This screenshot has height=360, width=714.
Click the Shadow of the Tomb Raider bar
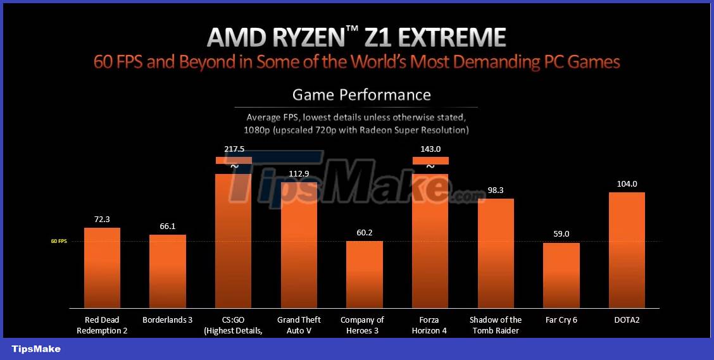[x=496, y=253]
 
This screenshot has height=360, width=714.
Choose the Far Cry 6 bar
[x=561, y=275]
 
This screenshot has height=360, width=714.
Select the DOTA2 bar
[x=627, y=249]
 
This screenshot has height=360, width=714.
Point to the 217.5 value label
[x=234, y=149]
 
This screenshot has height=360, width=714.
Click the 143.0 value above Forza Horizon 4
[x=430, y=149]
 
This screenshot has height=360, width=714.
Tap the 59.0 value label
[x=561, y=234]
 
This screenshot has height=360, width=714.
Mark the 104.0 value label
[x=627, y=183]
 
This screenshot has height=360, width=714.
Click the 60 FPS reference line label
[x=59, y=241]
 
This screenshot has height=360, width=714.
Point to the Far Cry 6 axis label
[x=561, y=320]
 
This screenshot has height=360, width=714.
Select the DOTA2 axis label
[x=627, y=320]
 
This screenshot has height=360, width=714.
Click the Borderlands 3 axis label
[x=168, y=320]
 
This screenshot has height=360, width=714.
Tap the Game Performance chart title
[x=361, y=95]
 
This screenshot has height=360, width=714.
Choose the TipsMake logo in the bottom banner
[x=36, y=349]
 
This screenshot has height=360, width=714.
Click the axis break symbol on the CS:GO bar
[x=234, y=166]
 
